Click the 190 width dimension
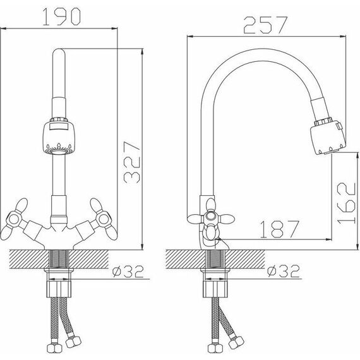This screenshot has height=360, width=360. [61, 16]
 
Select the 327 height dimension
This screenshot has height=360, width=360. [131, 162]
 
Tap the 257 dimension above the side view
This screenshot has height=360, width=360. [265, 25]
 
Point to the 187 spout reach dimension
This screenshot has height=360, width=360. [280, 229]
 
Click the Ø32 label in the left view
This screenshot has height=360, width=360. [128, 272]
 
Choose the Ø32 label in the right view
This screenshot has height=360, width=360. [284, 272]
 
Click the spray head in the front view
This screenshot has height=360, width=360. [59, 137]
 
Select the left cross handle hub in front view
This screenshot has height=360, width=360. [15, 219]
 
